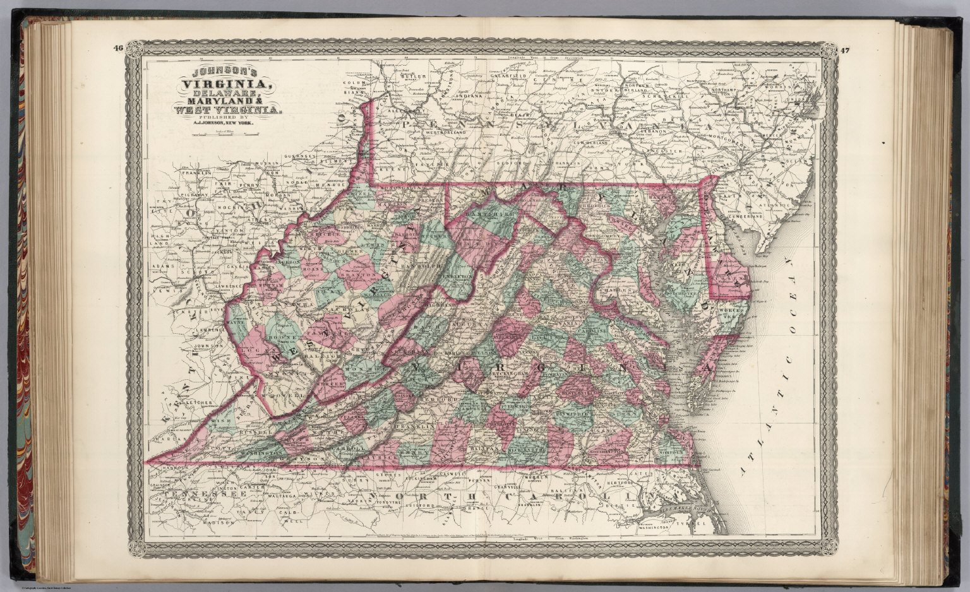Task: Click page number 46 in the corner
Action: click(x=117, y=49)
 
